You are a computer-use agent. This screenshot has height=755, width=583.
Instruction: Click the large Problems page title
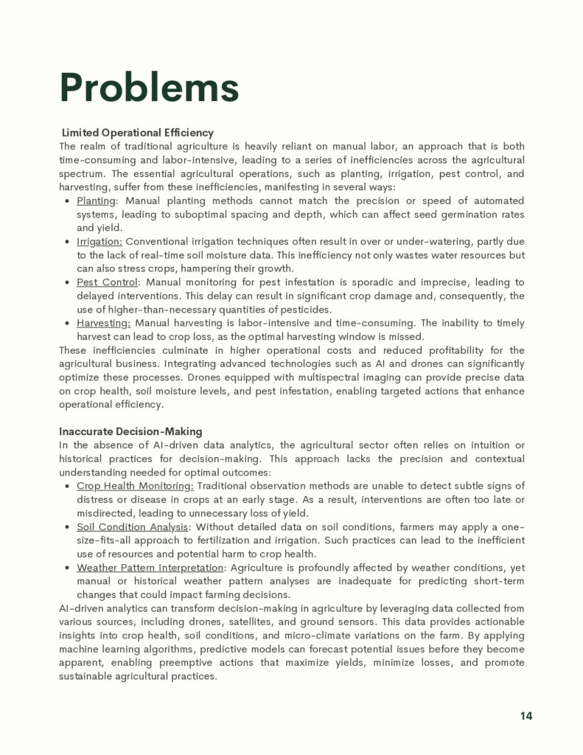149,88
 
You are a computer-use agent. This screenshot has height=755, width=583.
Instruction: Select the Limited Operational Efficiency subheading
138,133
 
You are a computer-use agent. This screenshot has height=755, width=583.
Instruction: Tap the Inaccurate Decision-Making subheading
130,431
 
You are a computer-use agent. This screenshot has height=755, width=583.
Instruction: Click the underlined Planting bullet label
96,201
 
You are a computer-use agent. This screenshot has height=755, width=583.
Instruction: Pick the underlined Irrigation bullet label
100,241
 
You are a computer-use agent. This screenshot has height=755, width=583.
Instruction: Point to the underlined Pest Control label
107,282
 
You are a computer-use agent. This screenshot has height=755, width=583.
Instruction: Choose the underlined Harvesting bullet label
103,323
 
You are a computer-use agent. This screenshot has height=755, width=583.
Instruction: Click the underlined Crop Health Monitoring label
135,485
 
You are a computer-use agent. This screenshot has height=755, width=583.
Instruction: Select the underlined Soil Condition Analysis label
132,526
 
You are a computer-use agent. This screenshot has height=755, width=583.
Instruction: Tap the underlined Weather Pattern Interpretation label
150,568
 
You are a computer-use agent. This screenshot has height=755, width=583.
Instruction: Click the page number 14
526,716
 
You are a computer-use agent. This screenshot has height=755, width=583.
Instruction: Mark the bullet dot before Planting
67,201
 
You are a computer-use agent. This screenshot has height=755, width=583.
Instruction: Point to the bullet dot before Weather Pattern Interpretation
67,568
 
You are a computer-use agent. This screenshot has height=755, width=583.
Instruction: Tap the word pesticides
307,310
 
